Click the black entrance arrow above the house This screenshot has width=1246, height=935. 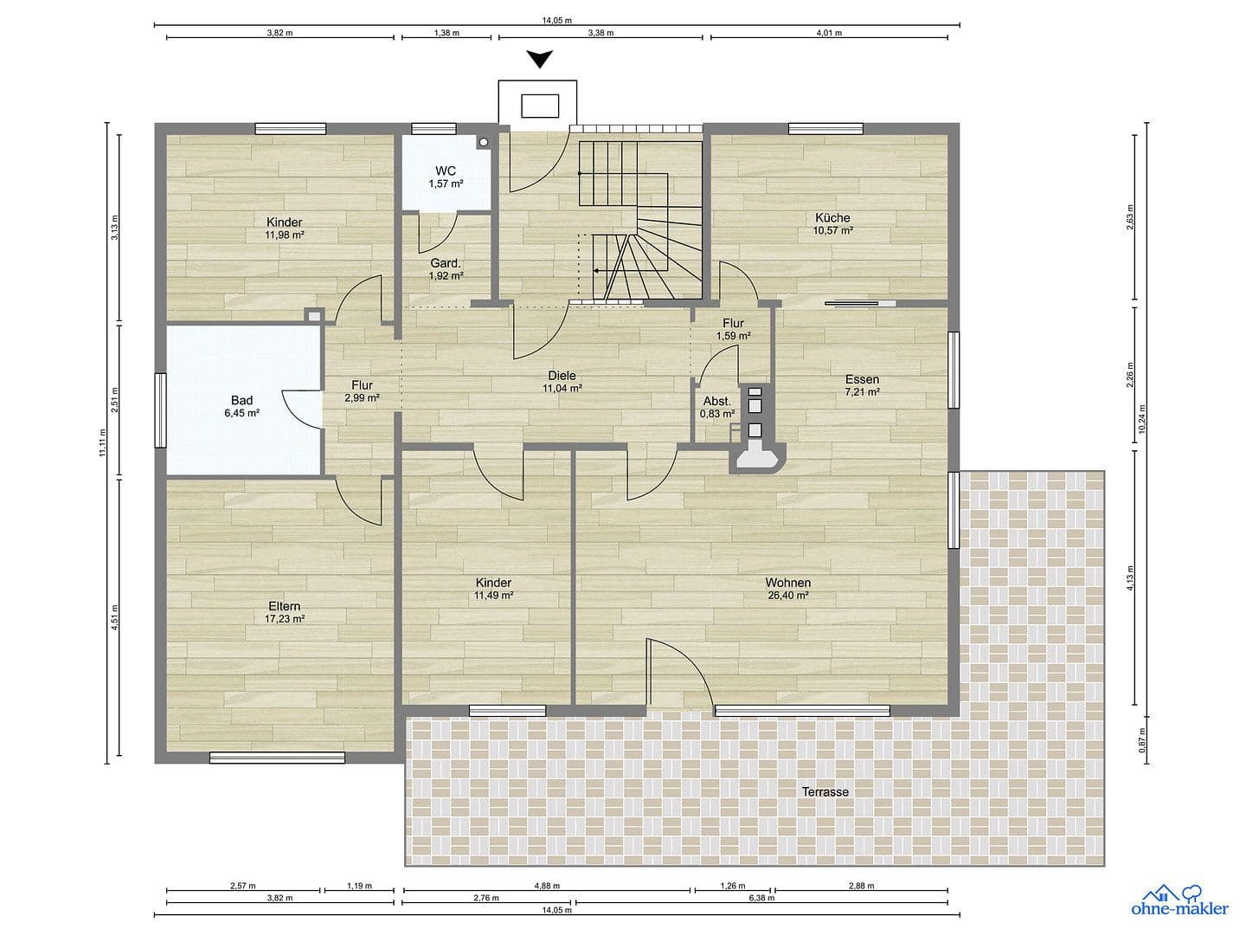pyautogui.click(x=541, y=60)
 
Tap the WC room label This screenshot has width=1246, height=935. pyautogui.click(x=446, y=171)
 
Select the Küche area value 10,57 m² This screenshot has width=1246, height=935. pyautogui.click(x=832, y=230)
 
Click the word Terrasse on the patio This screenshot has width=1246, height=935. pyautogui.click(x=825, y=791)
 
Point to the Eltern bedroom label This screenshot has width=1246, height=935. pyautogui.click(x=284, y=606)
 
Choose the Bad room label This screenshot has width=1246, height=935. pyautogui.click(x=241, y=400)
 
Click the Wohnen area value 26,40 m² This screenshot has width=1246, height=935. pyautogui.click(x=787, y=596)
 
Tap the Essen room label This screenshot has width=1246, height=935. pyautogui.click(x=862, y=379)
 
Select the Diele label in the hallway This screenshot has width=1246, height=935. pyautogui.click(x=562, y=376)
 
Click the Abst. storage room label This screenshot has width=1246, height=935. pyautogui.click(x=716, y=401)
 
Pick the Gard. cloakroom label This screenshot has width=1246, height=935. pyautogui.click(x=446, y=263)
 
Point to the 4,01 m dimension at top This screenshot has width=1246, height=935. pyautogui.click(x=828, y=33)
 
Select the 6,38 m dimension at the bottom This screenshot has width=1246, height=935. pyautogui.click(x=761, y=898)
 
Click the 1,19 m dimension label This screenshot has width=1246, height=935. pyautogui.click(x=358, y=886)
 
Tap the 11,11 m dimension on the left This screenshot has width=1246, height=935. pyautogui.click(x=102, y=442)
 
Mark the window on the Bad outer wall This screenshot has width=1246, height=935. pyautogui.click(x=161, y=409)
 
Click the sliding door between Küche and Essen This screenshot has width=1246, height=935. pyautogui.click(x=860, y=302)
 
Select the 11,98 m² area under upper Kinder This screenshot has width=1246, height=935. pyautogui.click(x=284, y=235)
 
